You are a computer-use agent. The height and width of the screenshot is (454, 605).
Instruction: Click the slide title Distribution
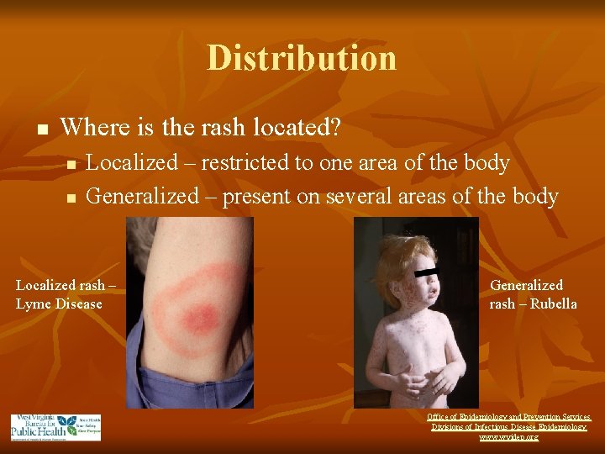click(x=302, y=58)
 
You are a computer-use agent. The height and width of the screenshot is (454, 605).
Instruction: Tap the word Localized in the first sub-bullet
click(x=131, y=162)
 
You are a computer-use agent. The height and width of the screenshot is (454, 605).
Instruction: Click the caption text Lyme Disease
click(x=59, y=304)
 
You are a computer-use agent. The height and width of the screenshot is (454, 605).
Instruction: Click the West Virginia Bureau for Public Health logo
click(x=55, y=426)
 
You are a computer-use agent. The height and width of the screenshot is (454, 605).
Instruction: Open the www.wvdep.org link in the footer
click(x=509, y=437)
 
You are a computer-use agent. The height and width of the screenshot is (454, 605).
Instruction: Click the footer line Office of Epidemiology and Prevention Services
click(x=509, y=416)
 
